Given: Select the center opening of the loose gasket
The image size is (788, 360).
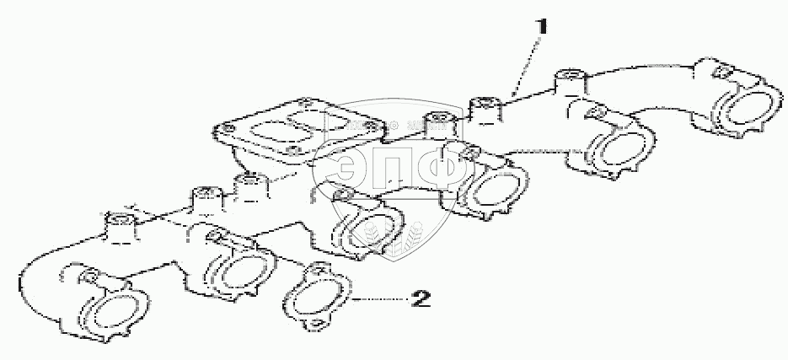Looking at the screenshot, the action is point(319,294).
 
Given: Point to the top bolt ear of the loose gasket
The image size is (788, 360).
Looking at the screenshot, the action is point(319,269).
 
